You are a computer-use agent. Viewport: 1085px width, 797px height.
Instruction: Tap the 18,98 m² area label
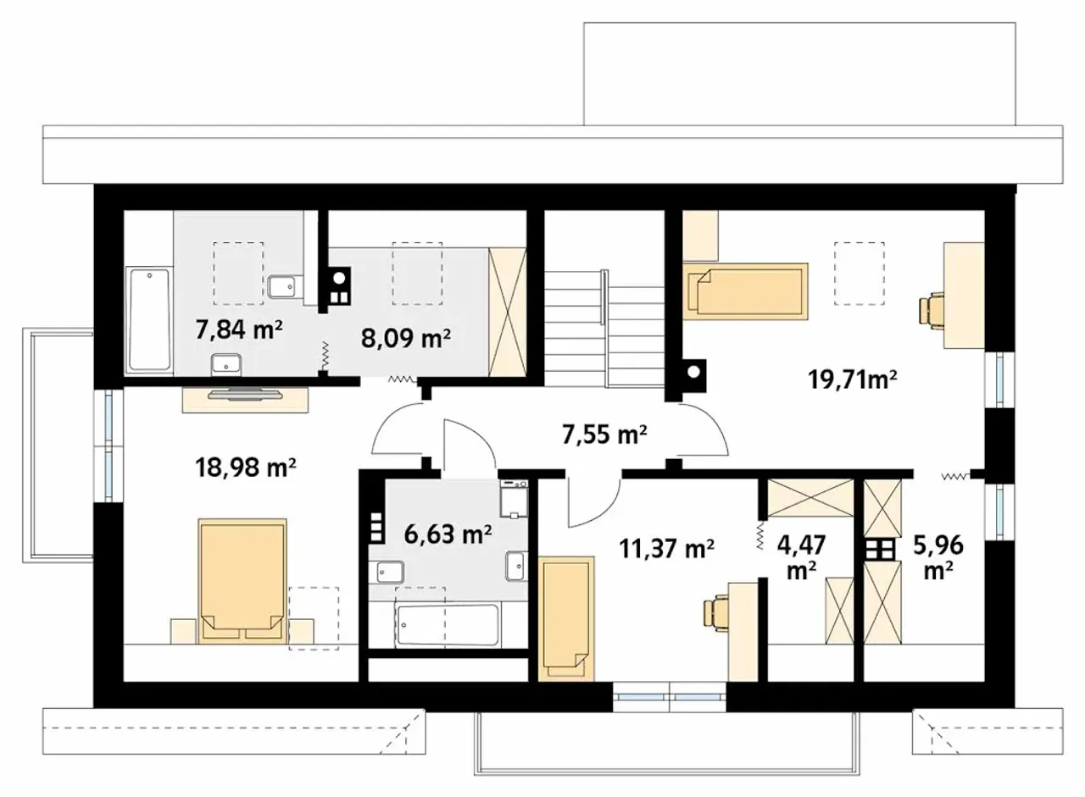[245, 468]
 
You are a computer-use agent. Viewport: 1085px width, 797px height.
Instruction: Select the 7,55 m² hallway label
[604, 434]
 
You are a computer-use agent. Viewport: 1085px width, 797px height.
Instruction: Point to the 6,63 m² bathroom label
[448, 534]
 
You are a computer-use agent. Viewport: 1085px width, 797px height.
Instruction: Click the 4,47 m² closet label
[802, 557]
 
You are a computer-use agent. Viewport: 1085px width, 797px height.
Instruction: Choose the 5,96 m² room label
[938, 557]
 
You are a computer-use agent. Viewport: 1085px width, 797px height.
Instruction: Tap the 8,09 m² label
[406, 338]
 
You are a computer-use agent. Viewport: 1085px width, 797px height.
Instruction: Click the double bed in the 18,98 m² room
[242, 581]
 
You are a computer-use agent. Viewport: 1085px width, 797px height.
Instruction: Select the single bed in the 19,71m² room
[745, 291]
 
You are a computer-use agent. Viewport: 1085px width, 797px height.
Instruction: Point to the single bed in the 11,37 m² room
[565, 619]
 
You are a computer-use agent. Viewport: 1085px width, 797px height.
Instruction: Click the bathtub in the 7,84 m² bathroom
[149, 319]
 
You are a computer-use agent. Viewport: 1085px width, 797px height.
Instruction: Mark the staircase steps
[604, 328]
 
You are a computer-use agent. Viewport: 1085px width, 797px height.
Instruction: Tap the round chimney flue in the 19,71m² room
[694, 372]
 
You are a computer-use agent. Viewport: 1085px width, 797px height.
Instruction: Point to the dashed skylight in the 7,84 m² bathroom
[239, 274]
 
